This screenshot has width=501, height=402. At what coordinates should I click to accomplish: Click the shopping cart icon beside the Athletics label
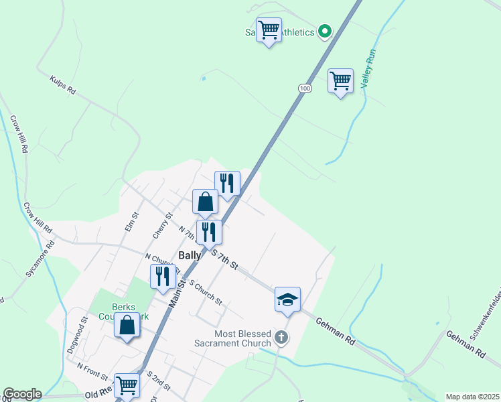click(269, 29)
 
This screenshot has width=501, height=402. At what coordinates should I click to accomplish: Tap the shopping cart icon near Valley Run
click(340, 81)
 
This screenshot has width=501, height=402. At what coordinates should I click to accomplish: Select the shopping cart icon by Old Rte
click(127, 386)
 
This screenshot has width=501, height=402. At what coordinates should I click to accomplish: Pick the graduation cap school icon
click(287, 299)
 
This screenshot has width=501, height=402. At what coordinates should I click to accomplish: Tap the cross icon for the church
click(282, 337)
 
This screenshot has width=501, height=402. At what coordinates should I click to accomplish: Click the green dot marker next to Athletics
click(324, 31)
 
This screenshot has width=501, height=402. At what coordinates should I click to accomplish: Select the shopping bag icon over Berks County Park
click(127, 325)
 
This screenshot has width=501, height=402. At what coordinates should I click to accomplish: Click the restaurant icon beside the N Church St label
click(163, 276)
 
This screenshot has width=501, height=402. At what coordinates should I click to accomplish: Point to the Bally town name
click(190, 255)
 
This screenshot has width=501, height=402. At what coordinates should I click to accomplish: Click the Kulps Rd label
click(62, 85)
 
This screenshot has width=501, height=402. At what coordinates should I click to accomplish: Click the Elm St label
click(131, 222)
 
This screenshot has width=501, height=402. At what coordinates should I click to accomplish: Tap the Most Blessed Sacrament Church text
click(242, 338)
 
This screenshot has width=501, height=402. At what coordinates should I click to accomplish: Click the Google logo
click(22, 394)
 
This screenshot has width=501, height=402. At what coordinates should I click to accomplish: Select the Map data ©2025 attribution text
click(472, 397)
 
